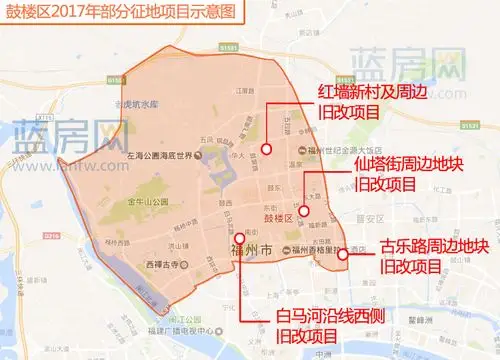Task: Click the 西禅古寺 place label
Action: point(160,264)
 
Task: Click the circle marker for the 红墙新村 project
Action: point(267,150)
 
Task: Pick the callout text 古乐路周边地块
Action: point(434,246)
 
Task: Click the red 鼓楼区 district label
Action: point(274,217)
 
